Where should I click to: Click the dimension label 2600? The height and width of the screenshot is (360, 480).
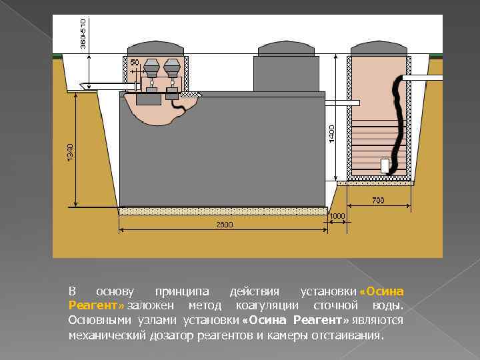[224, 225]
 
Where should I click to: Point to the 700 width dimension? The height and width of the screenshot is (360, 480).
[378, 200]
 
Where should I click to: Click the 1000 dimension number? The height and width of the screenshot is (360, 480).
[337, 216]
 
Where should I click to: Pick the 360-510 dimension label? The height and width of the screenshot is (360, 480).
[82, 32]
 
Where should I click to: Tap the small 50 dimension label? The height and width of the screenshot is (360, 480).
[135, 62]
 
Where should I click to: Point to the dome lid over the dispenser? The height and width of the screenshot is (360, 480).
[155, 48]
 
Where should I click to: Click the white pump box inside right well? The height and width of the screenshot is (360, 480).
[385, 166]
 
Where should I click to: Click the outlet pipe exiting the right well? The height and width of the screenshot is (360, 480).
[427, 79]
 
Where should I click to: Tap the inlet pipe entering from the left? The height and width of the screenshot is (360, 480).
[100, 85]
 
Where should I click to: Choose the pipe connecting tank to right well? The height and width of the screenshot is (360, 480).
[341, 103]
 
